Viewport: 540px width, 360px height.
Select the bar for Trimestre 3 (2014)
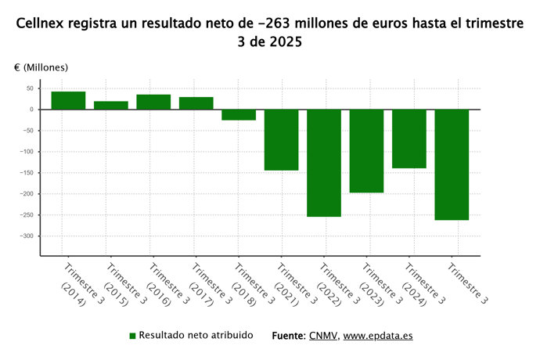tap(68, 100)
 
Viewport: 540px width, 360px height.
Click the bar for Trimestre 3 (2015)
tap(111, 105)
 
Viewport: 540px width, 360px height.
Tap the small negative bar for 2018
tap(239, 114)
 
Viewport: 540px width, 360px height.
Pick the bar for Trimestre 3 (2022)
tap(324, 163)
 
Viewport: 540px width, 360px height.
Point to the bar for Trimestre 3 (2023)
tap(366, 150)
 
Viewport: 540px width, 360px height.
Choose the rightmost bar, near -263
tap(452, 164)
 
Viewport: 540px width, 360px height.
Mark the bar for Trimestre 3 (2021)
tap(281, 139)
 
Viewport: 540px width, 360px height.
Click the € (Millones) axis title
tap(41, 68)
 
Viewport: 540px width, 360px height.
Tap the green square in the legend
tap(133, 336)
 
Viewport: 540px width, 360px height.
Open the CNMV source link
tap(323, 336)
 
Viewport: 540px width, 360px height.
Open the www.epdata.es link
tap(378, 336)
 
